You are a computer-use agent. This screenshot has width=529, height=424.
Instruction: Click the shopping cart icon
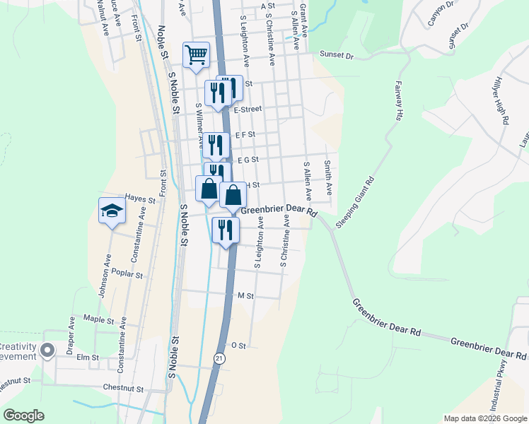[196, 54]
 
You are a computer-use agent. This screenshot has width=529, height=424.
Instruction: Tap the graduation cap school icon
[112, 211]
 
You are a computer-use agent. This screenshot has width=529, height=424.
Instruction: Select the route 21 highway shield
[220, 359]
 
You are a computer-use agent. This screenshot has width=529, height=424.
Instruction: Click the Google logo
[24, 416]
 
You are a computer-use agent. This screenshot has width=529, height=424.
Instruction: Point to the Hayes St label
[139, 199]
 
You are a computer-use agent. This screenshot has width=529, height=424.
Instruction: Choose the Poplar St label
[128, 275]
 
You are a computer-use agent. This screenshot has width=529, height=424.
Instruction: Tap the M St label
[245, 295]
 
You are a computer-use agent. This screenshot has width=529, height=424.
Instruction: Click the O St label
[238, 346]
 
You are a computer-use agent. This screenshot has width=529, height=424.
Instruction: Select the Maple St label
[98, 320]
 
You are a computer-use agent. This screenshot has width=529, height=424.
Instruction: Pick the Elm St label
[88, 358]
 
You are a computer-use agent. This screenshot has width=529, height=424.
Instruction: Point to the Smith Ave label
[328, 177]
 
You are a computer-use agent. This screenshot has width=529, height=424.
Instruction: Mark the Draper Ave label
[71, 334]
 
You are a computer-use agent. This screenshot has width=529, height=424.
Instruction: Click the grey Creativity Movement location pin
[47, 350]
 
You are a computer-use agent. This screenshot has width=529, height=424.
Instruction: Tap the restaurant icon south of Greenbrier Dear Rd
[226, 230]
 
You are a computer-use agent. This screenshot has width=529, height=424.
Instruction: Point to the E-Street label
[248, 110]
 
